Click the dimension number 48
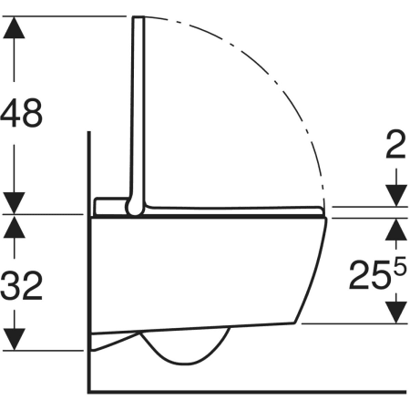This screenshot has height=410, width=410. click(22, 115)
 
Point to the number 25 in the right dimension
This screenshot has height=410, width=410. click(369, 275)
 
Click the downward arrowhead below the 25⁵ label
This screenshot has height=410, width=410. click(395, 312)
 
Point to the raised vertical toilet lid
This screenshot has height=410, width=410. click(139, 109)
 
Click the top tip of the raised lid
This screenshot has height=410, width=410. click(138, 18)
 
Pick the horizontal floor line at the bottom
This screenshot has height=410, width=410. click(246, 394)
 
